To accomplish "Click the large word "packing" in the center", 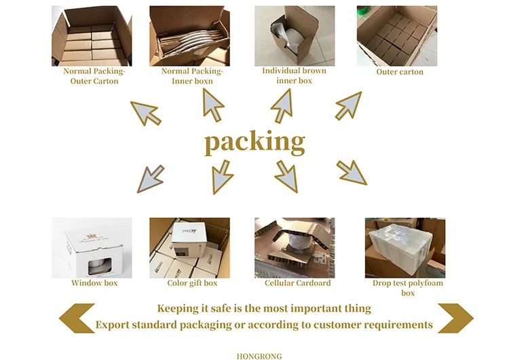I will click(254, 143).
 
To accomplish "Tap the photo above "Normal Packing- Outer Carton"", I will click(91, 35).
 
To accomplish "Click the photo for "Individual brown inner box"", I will click(294, 35).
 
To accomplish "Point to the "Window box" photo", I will click(92, 247).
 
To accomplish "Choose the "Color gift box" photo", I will click(189, 247).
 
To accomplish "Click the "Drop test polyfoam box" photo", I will click(404, 247).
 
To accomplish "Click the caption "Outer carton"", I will click(400, 72).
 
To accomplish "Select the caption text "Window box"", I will click(94, 283).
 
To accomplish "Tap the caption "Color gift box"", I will click(192, 283).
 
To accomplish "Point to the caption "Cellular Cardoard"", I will click(298, 283).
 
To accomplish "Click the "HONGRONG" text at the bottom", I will click(259, 355).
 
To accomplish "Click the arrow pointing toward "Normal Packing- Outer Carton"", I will click(146, 112).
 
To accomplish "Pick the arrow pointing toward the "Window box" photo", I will click(150, 178).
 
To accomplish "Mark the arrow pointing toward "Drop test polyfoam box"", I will click(352, 173).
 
